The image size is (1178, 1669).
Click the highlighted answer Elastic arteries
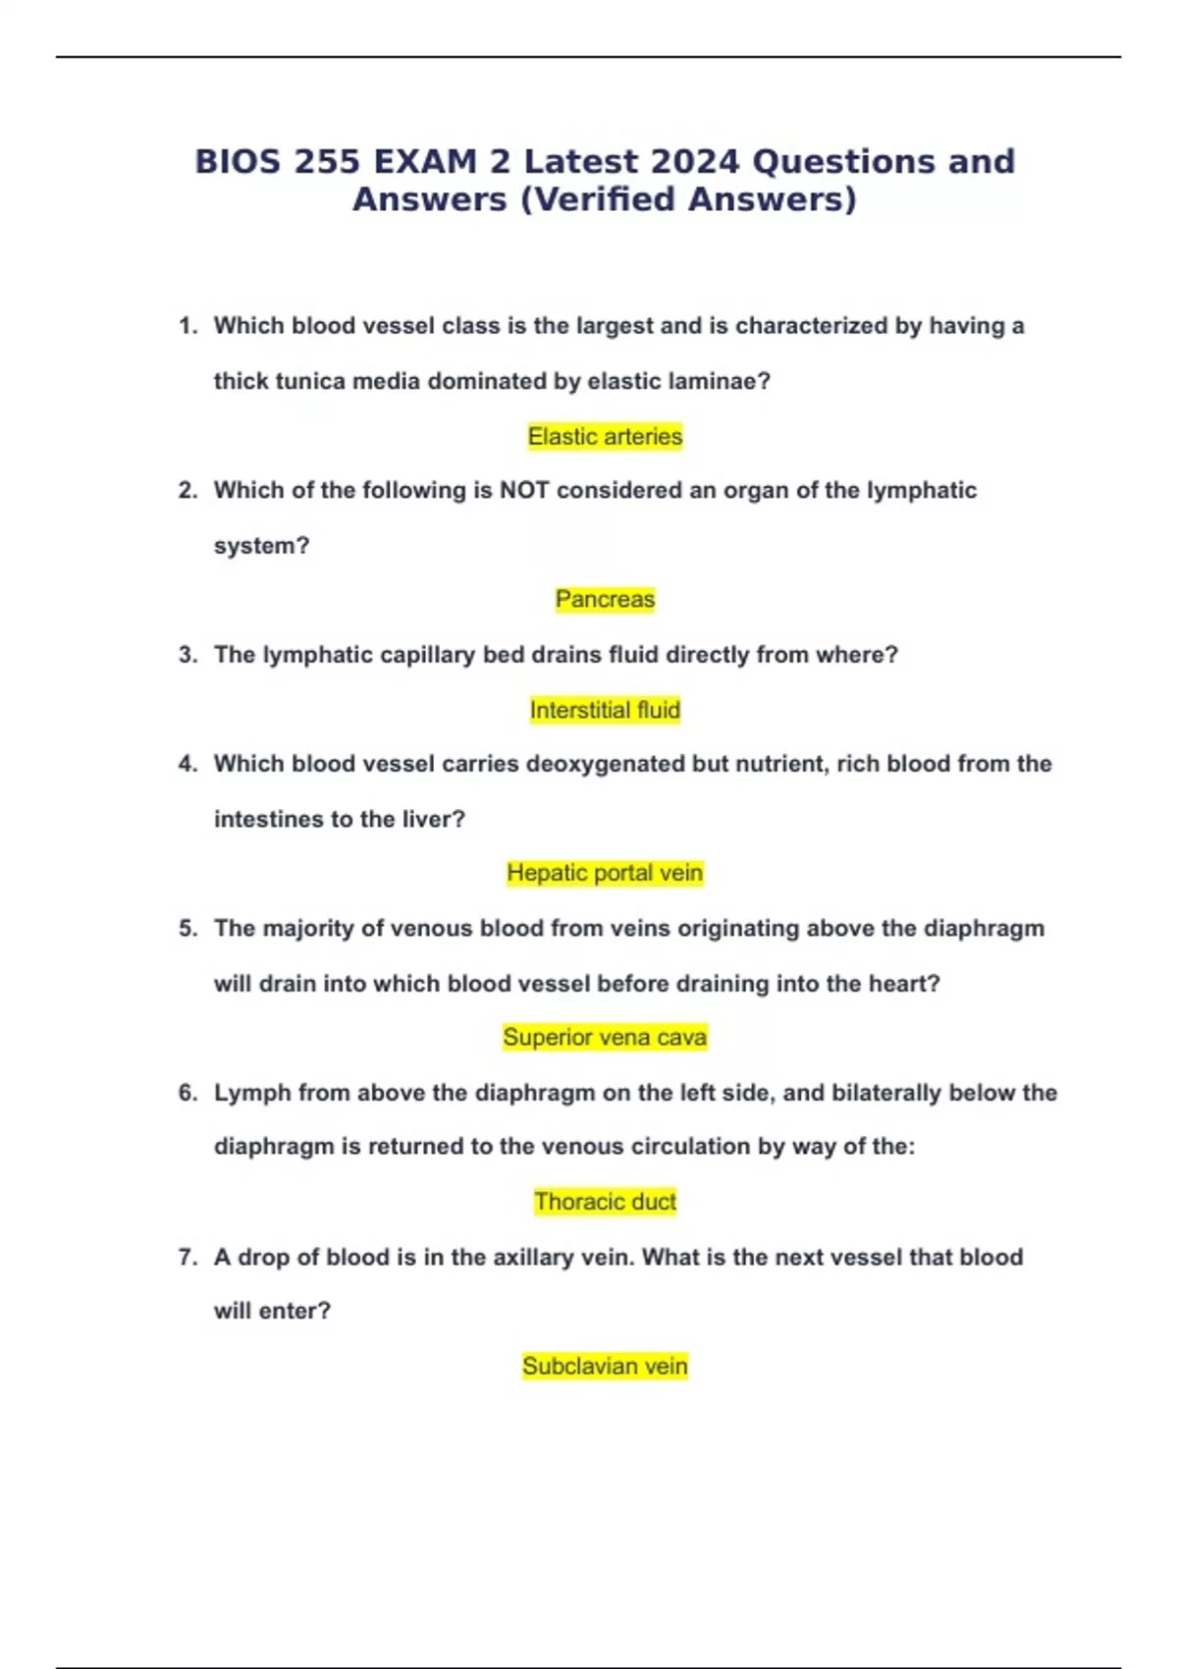[x=605, y=436]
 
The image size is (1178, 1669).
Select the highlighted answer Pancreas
[x=605, y=599]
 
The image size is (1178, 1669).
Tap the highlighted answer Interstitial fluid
[x=605, y=710]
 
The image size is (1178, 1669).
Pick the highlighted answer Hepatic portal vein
[x=605, y=873]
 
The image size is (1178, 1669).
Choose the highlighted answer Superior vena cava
[x=605, y=1037]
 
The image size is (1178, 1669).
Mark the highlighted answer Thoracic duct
[x=605, y=1202]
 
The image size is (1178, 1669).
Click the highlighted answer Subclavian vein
[x=605, y=1366]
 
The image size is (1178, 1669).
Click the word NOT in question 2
[x=524, y=490]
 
